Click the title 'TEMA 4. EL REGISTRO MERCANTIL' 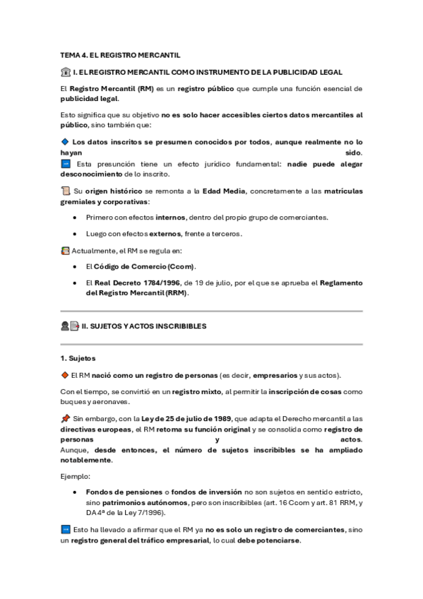click(120, 54)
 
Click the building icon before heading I click(66, 72)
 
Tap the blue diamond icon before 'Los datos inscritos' click(65, 141)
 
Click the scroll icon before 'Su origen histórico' click(66, 191)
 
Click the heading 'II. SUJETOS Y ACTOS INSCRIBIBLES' click(144, 326)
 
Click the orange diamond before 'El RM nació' click(65, 374)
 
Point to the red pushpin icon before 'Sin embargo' click(66, 418)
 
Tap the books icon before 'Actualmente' click(66, 250)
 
